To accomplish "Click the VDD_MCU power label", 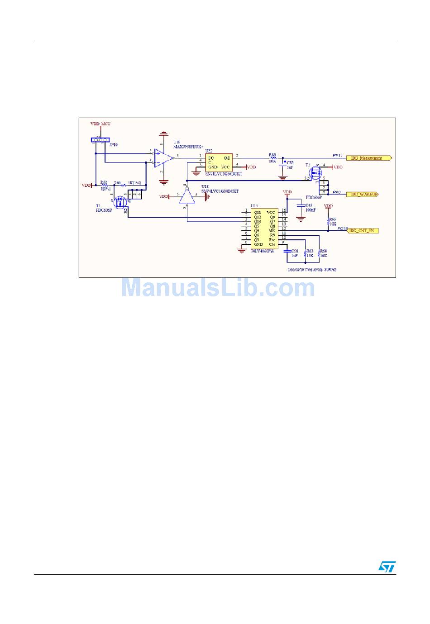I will coord(100,124).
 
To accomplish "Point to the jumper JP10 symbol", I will coord(100,140).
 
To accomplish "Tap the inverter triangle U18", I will coord(186,197).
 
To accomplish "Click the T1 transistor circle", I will coord(119,202).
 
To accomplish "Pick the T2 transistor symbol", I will coord(315,172).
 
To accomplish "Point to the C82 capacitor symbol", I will coord(282,163).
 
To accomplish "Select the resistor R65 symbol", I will coord(328,222).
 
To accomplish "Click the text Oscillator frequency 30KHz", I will coord(312,270).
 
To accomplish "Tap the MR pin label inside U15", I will coord(272,230).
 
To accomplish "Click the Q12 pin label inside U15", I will coord(257,217).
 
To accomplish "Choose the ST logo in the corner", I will coord(387,566).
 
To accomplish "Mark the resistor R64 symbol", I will coord(319,255).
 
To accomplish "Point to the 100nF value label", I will coord(310,210).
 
